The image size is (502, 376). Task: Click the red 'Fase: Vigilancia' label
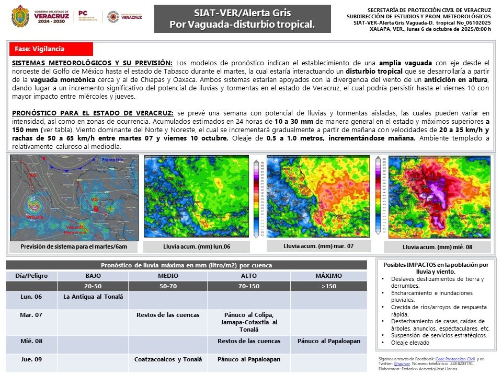[x=51, y=49]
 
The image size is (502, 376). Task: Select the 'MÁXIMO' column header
[x=329, y=275]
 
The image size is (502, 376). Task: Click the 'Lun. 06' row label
[x=31, y=297]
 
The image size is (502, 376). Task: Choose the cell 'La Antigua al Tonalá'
[x=93, y=297]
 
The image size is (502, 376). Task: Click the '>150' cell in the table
[x=329, y=286]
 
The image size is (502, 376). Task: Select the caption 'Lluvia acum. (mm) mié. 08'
[x=437, y=246]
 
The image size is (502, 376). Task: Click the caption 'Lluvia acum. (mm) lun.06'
[x=197, y=246]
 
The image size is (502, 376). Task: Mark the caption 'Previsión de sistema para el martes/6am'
[x=74, y=246]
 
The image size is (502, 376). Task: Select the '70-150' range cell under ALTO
[x=248, y=286]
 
